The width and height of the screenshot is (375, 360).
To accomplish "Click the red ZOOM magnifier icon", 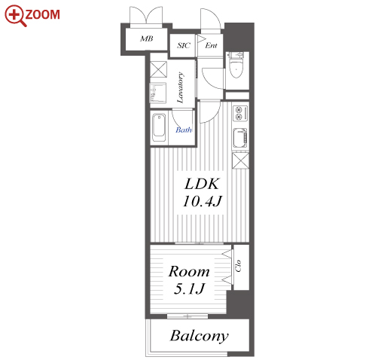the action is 15,15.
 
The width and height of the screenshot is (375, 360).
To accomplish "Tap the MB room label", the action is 147,38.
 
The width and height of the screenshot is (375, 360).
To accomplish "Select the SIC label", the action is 184,45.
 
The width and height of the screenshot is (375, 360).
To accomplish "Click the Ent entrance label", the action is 211,45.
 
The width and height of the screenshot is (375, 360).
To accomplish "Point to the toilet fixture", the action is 236,65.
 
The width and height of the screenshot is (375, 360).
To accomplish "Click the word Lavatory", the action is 180,87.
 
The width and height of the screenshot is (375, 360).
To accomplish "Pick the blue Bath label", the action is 184,130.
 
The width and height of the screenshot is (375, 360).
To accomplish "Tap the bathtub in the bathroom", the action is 159,128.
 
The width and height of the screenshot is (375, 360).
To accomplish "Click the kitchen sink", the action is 240,138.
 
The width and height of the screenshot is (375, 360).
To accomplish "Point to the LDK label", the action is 202,184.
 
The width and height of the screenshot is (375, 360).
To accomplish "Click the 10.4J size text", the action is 203,201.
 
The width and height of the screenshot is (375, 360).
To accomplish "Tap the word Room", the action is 189,271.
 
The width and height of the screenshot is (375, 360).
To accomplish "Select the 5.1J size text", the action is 190,288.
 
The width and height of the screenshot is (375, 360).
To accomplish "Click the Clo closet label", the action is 238,266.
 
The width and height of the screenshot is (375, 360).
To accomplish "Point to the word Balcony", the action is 200,336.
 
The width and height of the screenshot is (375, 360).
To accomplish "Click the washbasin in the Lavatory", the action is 158,93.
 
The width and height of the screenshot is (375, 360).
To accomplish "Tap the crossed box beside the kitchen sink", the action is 240,160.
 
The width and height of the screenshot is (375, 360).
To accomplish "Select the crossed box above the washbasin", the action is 158,69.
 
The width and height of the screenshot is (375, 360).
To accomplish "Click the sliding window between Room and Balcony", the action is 187,316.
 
